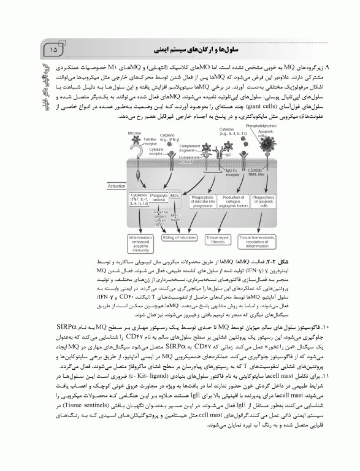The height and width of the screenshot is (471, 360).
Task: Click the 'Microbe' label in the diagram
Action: (x=134, y=132)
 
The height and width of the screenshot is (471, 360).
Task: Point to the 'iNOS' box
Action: (x=175, y=194)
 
